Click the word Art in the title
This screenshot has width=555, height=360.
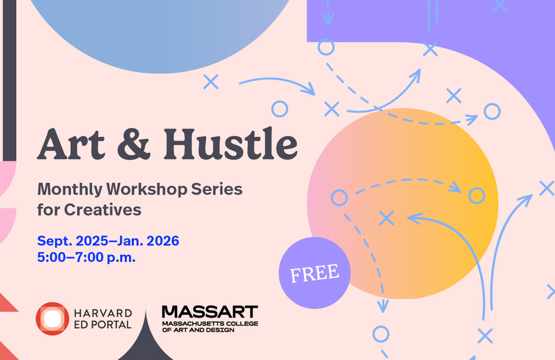(x=71, y=144)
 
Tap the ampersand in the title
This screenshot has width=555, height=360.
(x=134, y=144)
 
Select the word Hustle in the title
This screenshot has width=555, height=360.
(x=230, y=143)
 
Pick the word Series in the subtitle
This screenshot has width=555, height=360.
(x=217, y=189)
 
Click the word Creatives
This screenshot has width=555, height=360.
(x=103, y=210)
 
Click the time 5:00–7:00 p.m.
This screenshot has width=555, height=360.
(x=87, y=257)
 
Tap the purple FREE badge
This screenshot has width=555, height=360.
(x=315, y=273)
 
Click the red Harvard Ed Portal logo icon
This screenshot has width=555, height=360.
(x=52, y=319)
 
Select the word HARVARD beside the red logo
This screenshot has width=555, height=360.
(x=103, y=314)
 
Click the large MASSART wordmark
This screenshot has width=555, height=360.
(x=210, y=312)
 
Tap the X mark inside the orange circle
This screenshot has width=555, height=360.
(x=386, y=218)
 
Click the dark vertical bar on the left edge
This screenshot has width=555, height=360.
(x=9, y=80)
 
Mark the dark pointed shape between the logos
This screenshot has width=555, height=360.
(x=146, y=341)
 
